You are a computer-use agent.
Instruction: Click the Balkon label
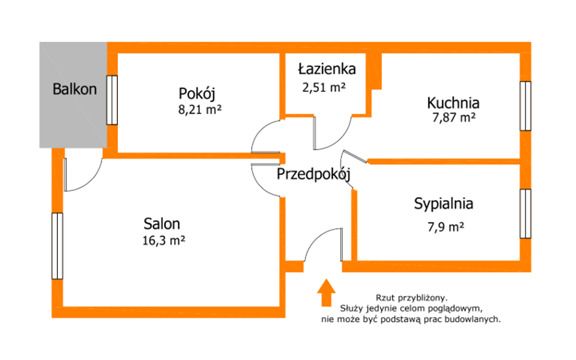(75, 89)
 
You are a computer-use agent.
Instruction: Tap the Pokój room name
(197, 93)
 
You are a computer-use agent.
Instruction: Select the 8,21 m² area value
(200, 109)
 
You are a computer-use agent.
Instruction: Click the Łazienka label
(327, 68)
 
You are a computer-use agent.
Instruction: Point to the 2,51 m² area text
(324, 87)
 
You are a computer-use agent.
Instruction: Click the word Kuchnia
(453, 102)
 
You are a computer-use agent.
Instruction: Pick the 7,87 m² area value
(454, 118)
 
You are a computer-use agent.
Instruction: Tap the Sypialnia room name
(443, 204)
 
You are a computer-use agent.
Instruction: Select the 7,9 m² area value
(445, 227)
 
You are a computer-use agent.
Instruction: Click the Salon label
(162, 223)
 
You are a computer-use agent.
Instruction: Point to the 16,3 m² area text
(163, 241)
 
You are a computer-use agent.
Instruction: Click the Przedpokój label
(313, 174)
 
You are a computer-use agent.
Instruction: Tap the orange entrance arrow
(326, 292)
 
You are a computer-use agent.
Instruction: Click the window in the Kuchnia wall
(526, 106)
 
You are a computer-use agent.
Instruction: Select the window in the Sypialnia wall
(526, 213)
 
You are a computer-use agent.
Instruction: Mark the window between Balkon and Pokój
(112, 100)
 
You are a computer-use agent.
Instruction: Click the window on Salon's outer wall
(57, 246)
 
